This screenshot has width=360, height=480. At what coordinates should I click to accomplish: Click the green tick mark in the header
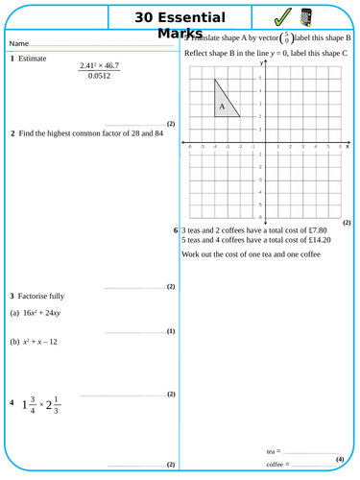tap(282, 18)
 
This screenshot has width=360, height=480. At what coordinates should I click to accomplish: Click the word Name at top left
tap(18, 45)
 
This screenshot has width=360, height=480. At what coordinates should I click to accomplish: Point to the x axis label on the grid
tap(347, 147)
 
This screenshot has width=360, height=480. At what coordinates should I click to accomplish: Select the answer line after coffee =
tap(313, 465)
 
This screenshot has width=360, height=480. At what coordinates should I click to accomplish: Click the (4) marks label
tap(340, 460)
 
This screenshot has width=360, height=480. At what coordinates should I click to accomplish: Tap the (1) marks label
tap(170, 331)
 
